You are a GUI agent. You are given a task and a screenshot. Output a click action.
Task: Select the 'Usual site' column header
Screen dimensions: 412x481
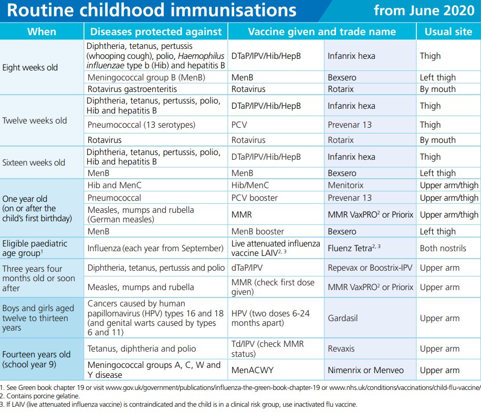(x=448, y=32)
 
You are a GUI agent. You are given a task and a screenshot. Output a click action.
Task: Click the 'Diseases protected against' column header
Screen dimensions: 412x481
(x=156, y=32)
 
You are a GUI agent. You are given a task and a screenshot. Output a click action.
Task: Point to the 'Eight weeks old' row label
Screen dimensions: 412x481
(x=30, y=67)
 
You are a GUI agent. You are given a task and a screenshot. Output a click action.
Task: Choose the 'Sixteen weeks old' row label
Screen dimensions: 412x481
(x=34, y=162)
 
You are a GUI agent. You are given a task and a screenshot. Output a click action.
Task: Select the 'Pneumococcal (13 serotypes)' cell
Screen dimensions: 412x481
(x=141, y=125)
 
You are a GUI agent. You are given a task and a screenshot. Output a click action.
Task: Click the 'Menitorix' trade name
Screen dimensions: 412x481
(x=346, y=185)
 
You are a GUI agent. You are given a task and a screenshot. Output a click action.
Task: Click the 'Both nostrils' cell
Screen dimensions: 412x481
(x=443, y=248)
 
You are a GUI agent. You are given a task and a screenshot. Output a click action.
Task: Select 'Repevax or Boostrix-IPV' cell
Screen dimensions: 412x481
(x=370, y=267)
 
